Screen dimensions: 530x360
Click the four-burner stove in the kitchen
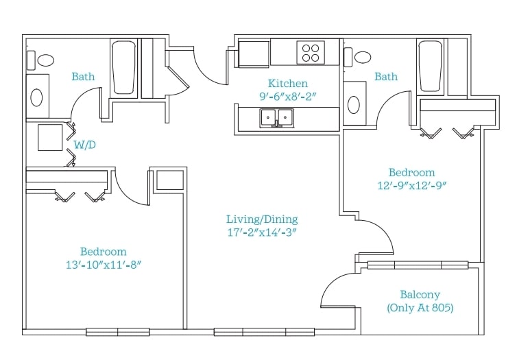(311, 52)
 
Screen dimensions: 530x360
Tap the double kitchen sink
(276, 118)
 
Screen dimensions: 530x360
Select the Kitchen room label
(288, 84)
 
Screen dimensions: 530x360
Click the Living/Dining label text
(262, 219)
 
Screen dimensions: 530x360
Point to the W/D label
(84, 145)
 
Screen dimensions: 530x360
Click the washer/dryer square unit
(50, 137)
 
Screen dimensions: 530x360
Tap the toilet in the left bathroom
(41, 60)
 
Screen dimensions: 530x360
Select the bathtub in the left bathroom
(123, 68)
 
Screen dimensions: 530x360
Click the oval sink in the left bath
(36, 97)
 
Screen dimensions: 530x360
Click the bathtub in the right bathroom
(430, 66)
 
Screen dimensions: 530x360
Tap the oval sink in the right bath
(354, 105)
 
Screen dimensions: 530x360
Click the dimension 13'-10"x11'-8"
(103, 265)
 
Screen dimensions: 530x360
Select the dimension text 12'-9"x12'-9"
(412, 186)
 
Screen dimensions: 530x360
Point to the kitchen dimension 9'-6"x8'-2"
(288, 97)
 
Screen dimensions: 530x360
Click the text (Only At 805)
(420, 308)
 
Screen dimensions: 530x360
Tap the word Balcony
(420, 295)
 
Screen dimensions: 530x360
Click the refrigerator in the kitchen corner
(254, 54)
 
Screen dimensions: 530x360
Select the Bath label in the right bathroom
(386, 76)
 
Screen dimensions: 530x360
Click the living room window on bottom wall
(265, 332)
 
